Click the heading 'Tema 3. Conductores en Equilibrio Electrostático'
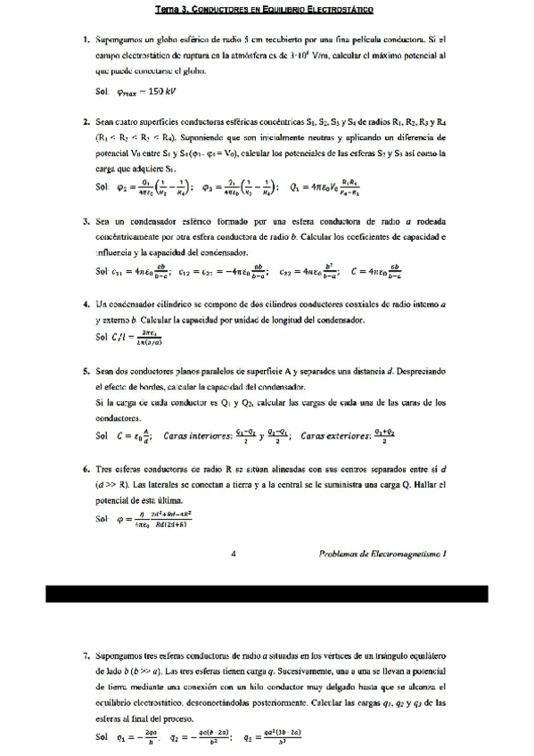264,10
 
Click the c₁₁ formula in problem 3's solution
142,273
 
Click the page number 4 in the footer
233,553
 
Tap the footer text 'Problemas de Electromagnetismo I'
382,553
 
